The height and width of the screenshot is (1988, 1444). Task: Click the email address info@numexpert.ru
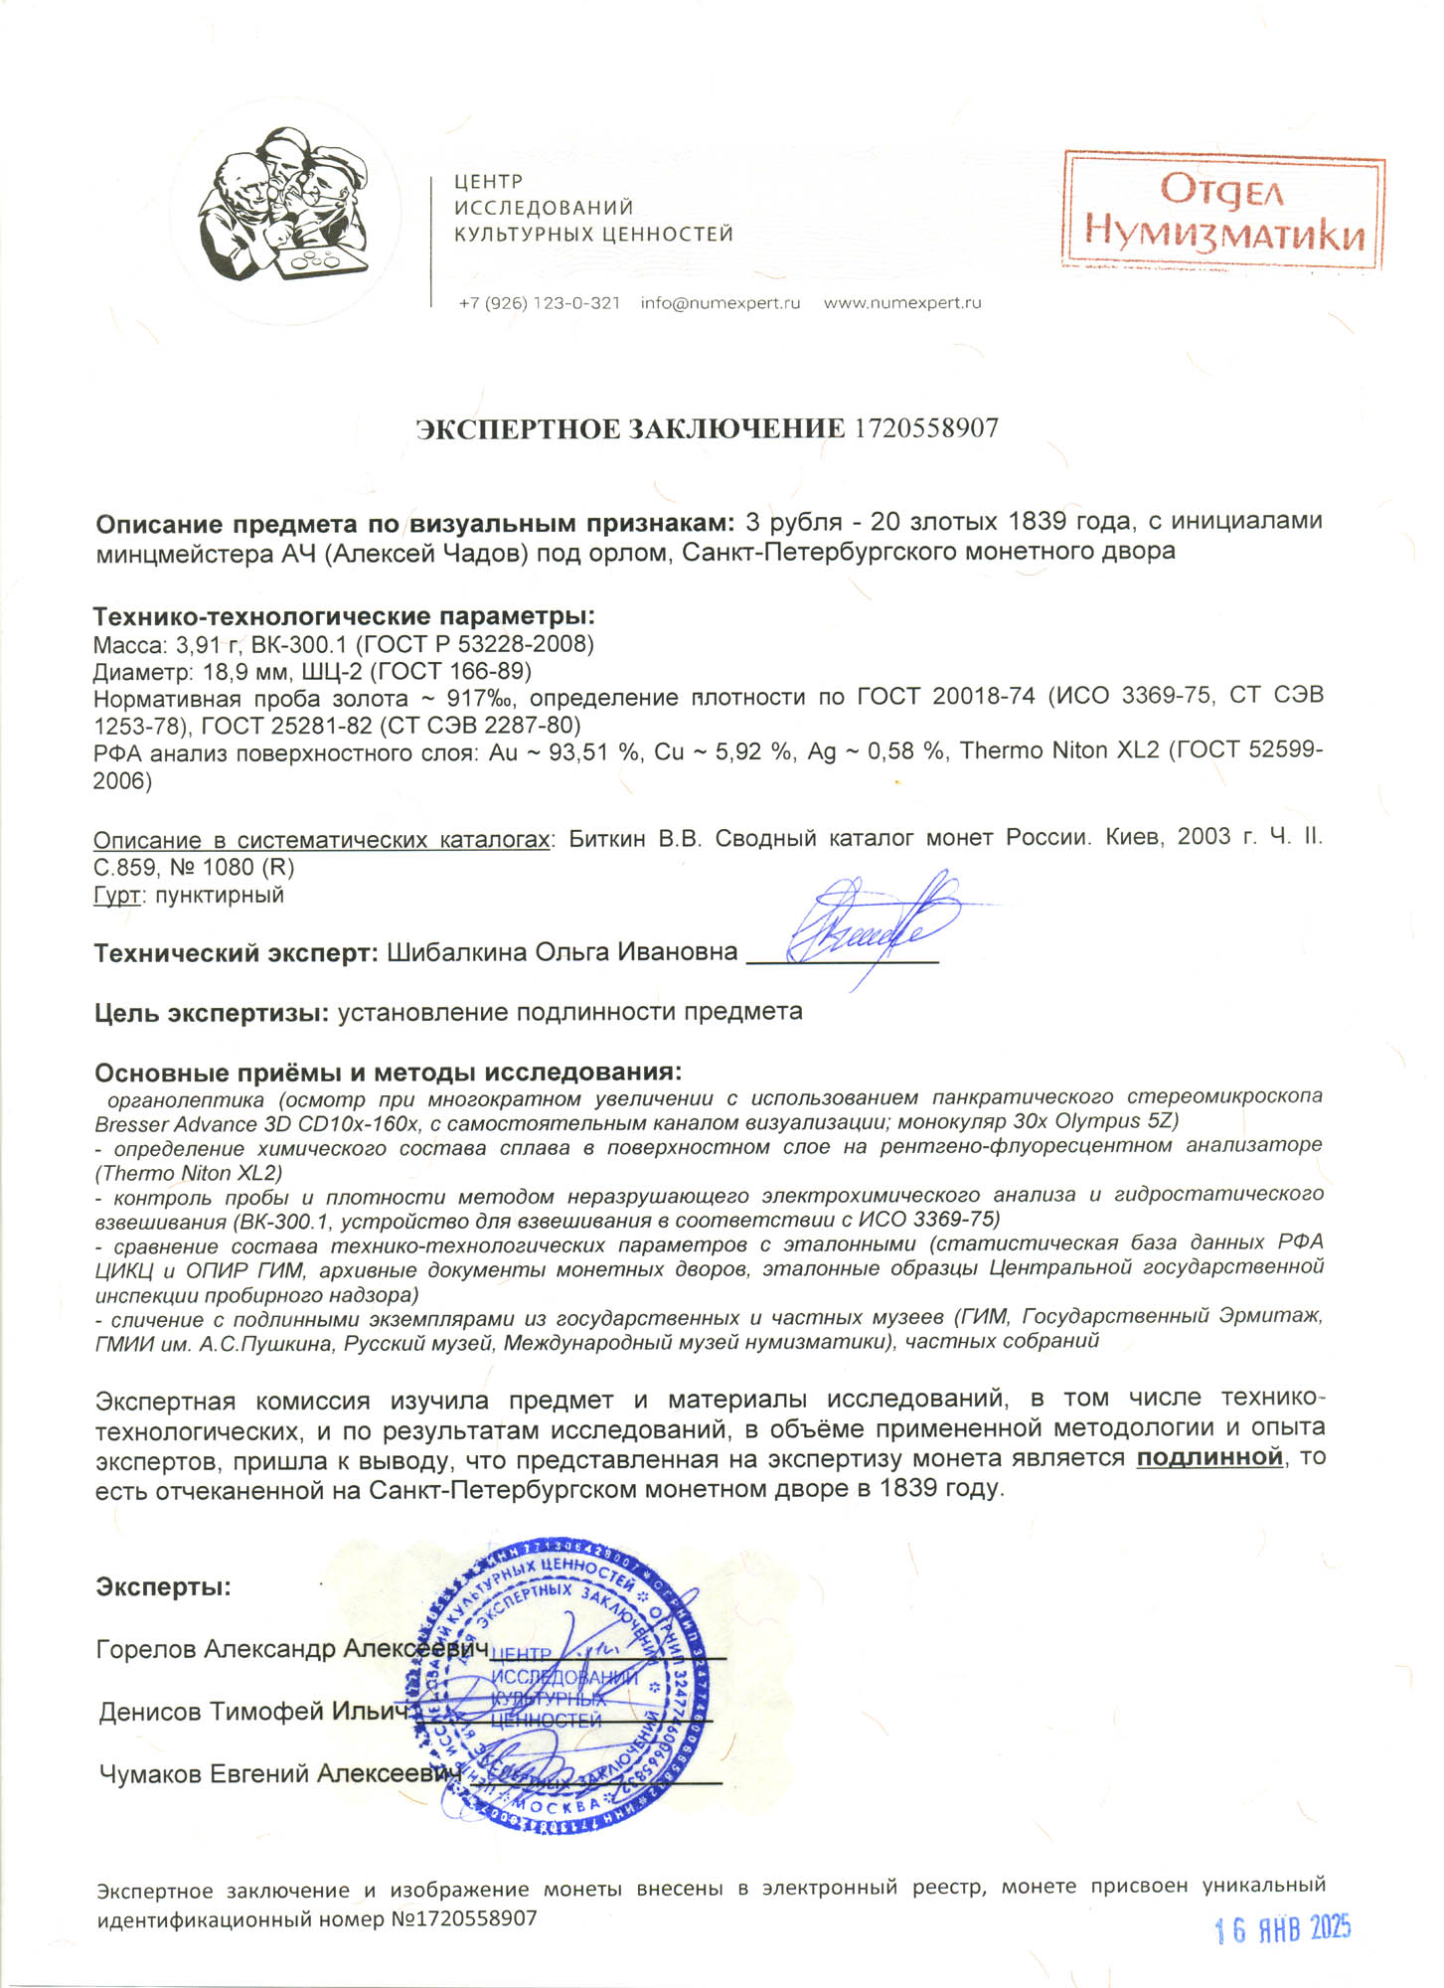click(x=720, y=303)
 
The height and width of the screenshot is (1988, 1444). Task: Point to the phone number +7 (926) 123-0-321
click(x=539, y=303)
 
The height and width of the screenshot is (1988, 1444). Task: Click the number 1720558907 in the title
click(x=926, y=429)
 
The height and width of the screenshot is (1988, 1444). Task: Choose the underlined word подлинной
click(x=1209, y=1458)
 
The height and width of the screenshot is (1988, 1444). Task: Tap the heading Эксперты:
click(x=163, y=1586)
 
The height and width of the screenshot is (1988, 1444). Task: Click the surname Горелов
click(x=146, y=1649)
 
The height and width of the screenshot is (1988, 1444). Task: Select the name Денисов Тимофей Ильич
click(x=253, y=1712)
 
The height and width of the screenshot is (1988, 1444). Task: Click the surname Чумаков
click(x=150, y=1774)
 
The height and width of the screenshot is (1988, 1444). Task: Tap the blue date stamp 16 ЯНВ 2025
click(x=1283, y=1929)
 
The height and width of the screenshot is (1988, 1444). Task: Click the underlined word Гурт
click(x=116, y=896)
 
